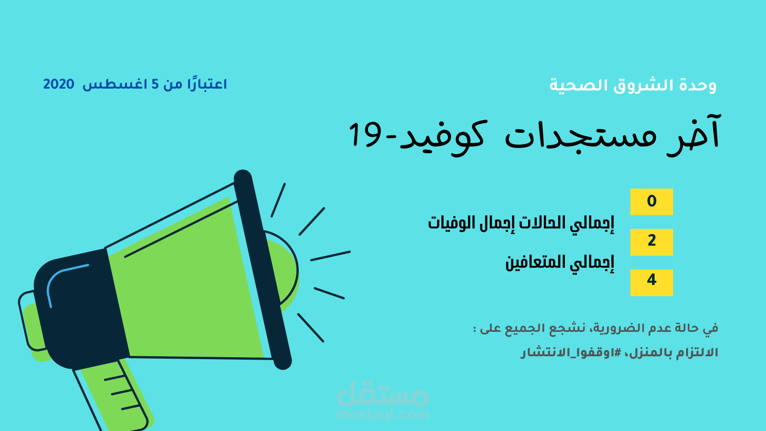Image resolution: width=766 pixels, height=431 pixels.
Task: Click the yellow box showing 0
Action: pos(652,202)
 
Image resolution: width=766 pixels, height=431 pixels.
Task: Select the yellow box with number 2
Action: pos(652,242)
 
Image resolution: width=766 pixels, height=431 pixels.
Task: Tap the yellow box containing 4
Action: pos(652,283)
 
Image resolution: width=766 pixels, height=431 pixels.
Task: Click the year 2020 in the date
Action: pos(58,84)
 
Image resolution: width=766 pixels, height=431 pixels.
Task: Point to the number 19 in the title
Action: pos(364,135)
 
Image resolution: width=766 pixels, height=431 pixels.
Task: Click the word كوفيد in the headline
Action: pos(442,137)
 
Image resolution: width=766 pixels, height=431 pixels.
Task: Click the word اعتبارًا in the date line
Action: pos(207,84)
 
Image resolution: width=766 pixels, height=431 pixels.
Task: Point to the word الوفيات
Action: pos(452,223)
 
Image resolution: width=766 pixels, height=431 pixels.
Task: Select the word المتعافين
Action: pos(537,263)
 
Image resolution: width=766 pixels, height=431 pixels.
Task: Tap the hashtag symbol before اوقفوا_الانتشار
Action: pos(617,352)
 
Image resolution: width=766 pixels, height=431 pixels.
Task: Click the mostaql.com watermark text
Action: pos(383,415)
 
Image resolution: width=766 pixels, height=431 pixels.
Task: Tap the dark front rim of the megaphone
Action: pos(263,270)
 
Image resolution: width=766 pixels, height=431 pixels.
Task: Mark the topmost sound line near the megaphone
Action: pos(278,200)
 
